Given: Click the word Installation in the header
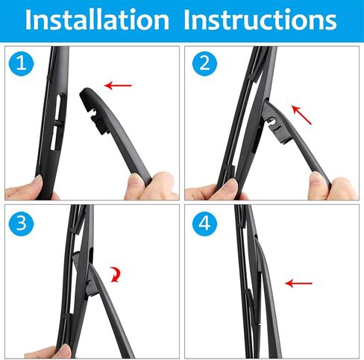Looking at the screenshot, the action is (x=97, y=19).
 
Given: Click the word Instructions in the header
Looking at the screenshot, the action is (x=260, y=19).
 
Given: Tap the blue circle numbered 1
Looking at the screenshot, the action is (x=21, y=63).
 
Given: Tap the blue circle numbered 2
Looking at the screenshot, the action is (x=204, y=63).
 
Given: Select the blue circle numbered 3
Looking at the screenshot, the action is (x=21, y=224).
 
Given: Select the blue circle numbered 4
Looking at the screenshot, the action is (x=204, y=224).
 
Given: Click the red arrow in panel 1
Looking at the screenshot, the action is (x=118, y=86).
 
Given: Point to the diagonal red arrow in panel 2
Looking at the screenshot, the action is (x=301, y=115).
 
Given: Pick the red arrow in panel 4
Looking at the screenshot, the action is (x=298, y=283).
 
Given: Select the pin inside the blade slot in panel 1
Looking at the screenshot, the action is (x=57, y=124).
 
